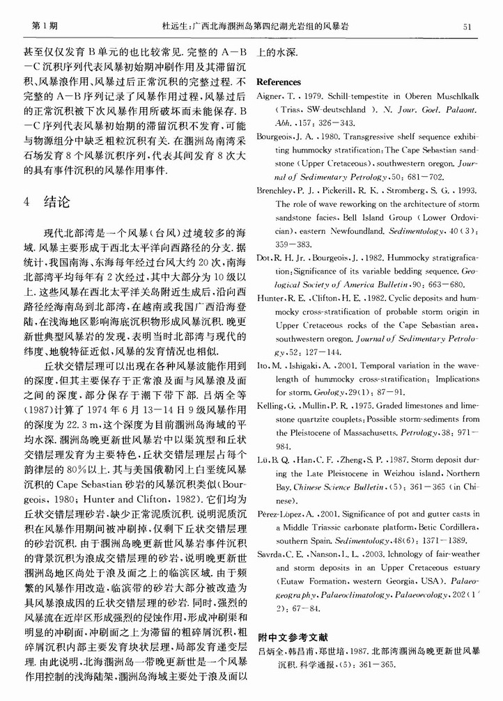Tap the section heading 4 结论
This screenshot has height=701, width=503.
click(47, 203)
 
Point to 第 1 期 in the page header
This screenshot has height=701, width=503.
click(45, 26)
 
